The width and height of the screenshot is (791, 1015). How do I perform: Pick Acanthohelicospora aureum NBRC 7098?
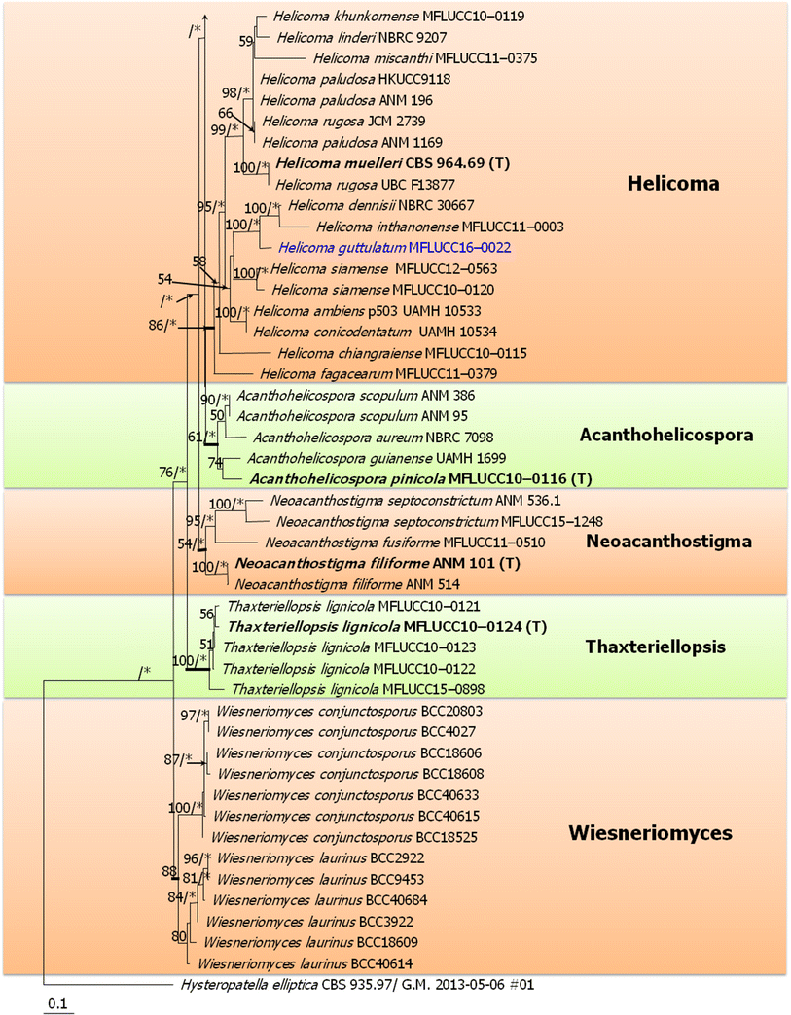[342, 437]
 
